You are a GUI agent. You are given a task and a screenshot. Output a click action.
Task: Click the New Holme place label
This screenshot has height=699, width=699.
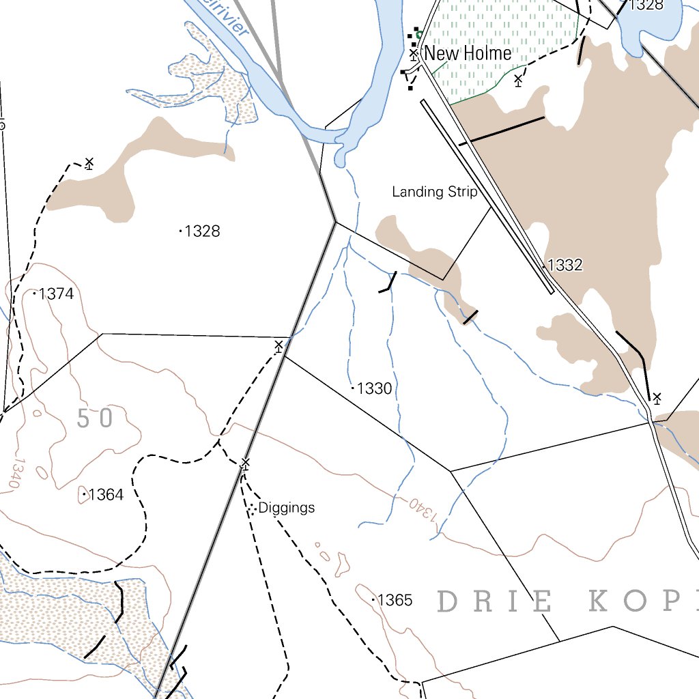pos(468,53)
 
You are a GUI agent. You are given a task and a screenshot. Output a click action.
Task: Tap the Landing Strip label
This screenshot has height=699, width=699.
pos(434,192)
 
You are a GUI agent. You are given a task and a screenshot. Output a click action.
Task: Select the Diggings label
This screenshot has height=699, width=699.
pos(287,508)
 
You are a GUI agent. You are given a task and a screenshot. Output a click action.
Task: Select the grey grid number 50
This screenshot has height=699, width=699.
pos(94,418)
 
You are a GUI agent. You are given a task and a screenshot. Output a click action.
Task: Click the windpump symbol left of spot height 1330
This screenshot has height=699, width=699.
pos(279,346)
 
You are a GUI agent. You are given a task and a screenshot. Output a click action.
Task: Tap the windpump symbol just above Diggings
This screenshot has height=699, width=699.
pos(245,463)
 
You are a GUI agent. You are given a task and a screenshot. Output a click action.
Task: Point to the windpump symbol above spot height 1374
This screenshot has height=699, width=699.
pos(89,162)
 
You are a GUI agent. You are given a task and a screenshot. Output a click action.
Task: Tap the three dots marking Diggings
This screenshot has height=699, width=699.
pos(252,509)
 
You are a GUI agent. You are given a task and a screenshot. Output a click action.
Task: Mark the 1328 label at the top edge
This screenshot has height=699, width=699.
pos(646,5)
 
